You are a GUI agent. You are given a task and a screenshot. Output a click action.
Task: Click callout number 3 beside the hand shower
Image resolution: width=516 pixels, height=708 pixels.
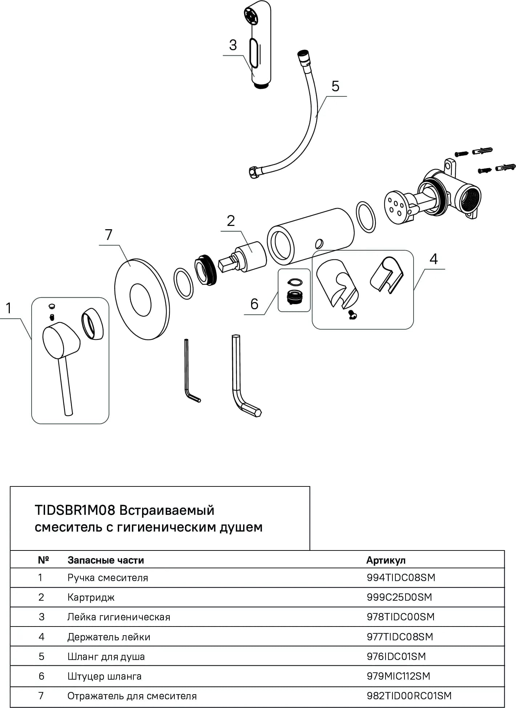[233, 45]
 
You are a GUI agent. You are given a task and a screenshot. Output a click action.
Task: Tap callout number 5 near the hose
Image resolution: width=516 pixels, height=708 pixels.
[335, 86]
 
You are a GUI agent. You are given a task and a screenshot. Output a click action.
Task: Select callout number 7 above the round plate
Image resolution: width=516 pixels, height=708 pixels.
[109, 235]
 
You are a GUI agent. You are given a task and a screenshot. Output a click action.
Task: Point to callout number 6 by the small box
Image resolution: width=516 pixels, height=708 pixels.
[254, 304]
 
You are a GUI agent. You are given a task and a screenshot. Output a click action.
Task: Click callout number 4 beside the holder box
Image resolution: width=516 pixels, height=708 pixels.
[434, 259]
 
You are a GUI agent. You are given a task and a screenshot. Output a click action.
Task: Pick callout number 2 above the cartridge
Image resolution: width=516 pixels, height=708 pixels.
[231, 221]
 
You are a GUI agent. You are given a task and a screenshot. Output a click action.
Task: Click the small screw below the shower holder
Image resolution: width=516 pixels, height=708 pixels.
[352, 315]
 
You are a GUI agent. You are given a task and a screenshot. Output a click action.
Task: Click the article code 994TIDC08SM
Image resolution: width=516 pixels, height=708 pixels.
[401, 577]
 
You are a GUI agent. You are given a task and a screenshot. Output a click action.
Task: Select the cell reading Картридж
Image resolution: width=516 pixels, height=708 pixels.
[91, 597]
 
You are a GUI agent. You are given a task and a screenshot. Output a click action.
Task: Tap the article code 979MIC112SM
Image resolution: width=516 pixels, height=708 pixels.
[398, 676]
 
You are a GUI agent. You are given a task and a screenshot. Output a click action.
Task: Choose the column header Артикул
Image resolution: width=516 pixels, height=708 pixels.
[386, 560]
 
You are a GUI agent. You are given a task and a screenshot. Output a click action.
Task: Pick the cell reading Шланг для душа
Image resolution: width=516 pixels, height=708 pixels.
[106, 656]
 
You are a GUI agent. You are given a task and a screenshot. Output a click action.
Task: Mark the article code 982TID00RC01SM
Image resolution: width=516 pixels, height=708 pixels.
[409, 696]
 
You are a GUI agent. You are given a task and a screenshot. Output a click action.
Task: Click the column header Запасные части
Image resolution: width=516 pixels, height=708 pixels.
[106, 560]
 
